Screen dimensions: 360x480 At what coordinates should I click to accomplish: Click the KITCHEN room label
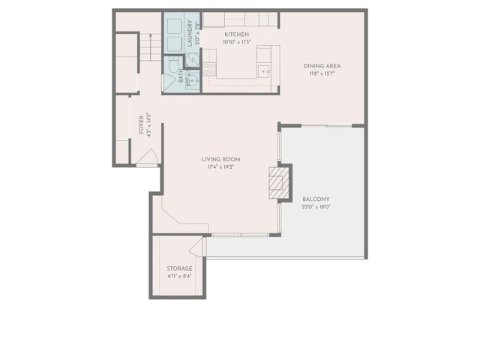tap(236, 34)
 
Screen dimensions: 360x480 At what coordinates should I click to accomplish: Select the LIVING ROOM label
tap(220, 159)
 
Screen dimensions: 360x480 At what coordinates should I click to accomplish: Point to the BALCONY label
tap(316, 199)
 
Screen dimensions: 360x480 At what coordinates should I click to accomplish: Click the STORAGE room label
tap(179, 268)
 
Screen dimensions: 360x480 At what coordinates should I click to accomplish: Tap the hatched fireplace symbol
tap(278, 183)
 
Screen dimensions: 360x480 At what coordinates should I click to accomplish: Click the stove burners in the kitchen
tap(209, 70)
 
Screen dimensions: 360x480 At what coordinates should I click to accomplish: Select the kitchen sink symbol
tap(265, 71)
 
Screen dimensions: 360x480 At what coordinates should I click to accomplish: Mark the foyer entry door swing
tap(148, 157)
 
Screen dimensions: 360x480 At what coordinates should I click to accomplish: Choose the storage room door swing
tap(197, 247)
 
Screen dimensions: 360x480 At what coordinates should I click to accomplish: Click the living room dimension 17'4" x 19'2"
tap(220, 166)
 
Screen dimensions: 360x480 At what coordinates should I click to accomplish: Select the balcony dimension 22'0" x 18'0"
tap(316, 207)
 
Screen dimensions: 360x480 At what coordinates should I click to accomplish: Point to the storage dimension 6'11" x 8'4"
tap(179, 276)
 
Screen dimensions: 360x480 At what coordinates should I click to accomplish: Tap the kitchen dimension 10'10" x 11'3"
tap(236, 42)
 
